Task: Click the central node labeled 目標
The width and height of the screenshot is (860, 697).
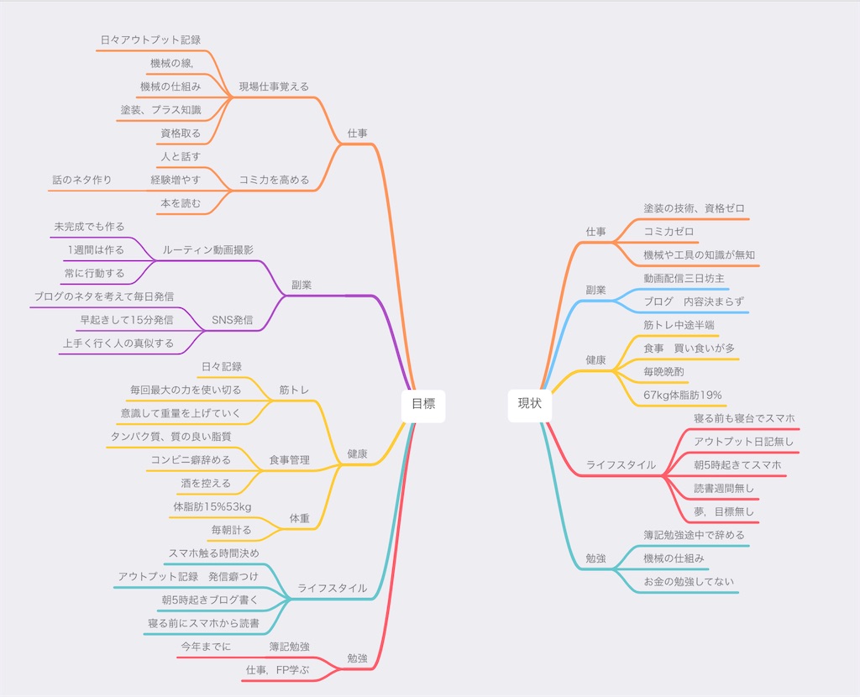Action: tap(423, 404)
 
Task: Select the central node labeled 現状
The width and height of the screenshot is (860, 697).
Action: tap(529, 404)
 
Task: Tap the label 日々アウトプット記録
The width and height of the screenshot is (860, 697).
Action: tap(151, 40)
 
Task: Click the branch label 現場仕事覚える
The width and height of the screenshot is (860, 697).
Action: tap(274, 86)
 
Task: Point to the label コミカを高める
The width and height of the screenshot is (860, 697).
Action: tap(274, 180)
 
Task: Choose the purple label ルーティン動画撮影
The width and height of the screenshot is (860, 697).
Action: tap(208, 250)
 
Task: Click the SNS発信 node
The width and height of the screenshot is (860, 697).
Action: tap(232, 320)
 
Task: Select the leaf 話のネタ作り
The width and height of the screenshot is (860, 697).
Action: tap(82, 180)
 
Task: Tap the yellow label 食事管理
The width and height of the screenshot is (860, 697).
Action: tap(289, 460)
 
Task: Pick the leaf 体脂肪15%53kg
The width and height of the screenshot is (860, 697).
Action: tap(212, 506)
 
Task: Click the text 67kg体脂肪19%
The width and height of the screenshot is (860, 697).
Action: tap(682, 395)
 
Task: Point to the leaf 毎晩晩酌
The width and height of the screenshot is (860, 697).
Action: tap(663, 372)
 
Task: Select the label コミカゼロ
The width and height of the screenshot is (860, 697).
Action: tap(669, 232)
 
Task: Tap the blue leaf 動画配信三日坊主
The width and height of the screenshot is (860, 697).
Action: tap(684, 278)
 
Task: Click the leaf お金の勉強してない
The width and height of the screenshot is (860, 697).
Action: tap(689, 582)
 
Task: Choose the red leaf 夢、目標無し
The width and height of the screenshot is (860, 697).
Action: tap(724, 511)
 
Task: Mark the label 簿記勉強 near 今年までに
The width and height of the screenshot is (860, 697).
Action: tap(289, 647)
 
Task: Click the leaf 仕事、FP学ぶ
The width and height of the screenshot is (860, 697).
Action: tap(277, 670)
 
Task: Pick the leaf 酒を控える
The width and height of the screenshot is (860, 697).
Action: tap(207, 483)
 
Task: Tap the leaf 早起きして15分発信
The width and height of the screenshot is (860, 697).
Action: tap(127, 320)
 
